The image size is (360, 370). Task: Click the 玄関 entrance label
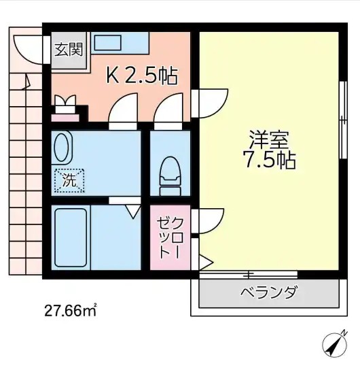click(69, 49)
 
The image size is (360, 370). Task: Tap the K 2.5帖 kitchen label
click(141, 75)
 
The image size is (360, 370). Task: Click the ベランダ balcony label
click(268, 293)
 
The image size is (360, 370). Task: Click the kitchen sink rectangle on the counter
click(108, 41)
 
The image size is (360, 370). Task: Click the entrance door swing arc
click(27, 48)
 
